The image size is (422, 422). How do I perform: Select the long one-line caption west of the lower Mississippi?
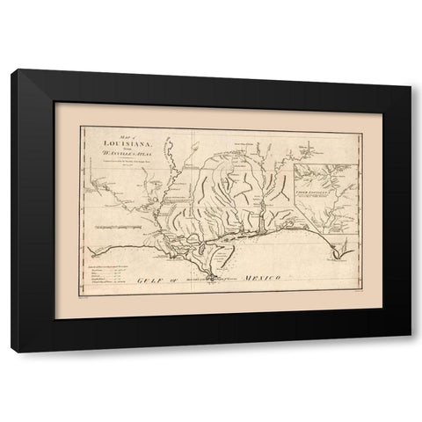(x=120, y=226)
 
